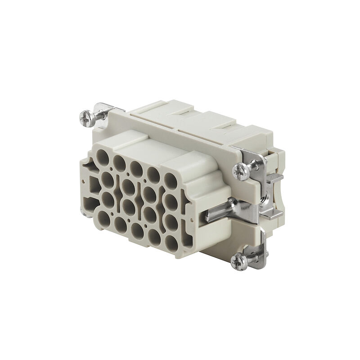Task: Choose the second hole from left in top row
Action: [119, 162]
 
